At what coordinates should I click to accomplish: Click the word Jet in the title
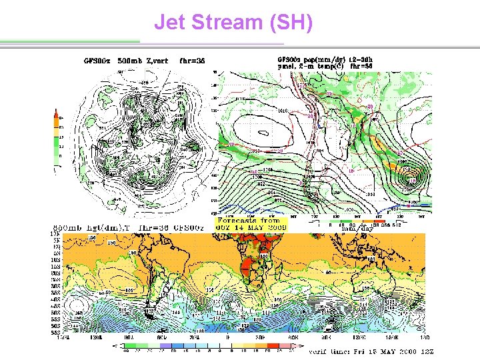[x=170, y=22]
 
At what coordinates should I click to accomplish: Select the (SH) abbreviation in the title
[x=289, y=22]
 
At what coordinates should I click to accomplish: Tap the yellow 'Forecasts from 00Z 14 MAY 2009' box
[x=252, y=224]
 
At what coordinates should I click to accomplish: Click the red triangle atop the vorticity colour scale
[x=57, y=113]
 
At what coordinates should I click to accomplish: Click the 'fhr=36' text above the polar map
[x=192, y=61]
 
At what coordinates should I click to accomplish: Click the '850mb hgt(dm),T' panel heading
[x=91, y=227]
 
